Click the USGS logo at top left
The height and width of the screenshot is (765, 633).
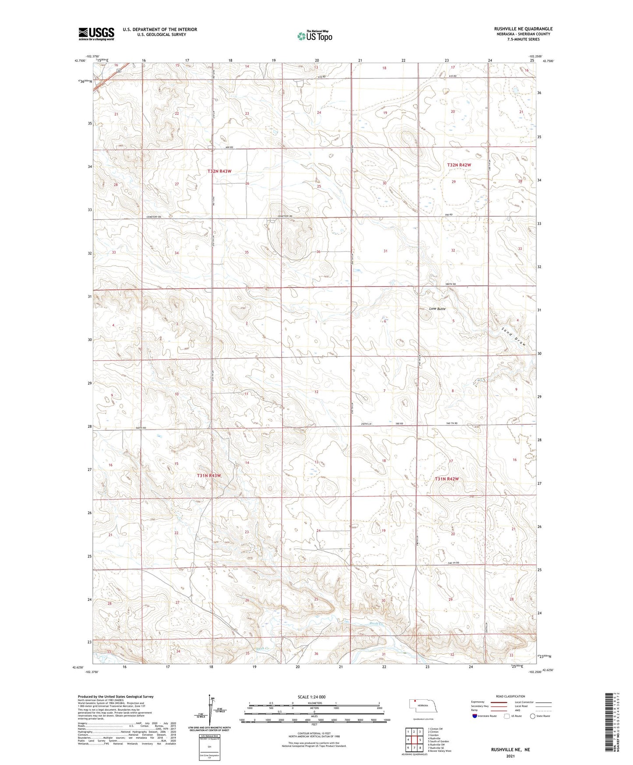point(96,34)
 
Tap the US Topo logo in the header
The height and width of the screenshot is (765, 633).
point(315,36)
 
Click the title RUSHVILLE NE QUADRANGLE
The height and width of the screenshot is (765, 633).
point(523,29)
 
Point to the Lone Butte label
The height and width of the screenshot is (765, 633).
point(437,309)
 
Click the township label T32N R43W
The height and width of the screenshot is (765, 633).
point(219,171)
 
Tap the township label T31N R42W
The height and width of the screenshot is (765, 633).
point(447,479)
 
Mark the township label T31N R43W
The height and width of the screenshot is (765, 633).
point(209,475)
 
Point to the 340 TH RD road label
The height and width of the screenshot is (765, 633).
point(453,563)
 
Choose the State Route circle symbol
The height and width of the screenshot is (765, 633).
point(532,716)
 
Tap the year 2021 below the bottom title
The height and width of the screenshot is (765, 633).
point(510,756)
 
